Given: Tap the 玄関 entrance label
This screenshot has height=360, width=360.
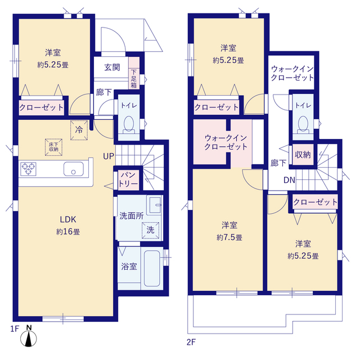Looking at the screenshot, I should [112, 67].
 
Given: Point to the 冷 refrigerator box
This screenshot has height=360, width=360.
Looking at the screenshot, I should [78, 129].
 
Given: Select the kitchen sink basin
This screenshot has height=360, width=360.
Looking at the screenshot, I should [74, 169].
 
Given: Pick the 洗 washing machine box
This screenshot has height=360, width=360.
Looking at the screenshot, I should [150, 229].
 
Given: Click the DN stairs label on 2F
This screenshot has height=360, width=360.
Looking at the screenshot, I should [289, 181].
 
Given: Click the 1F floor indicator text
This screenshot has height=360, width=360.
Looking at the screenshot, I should [13, 328].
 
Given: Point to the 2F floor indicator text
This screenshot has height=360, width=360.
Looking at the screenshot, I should [191, 341].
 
